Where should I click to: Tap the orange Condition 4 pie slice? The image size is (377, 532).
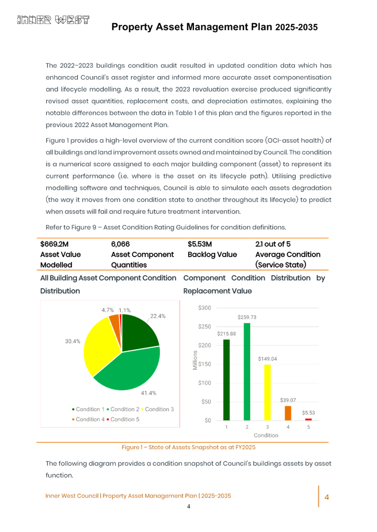[x=114, y=319]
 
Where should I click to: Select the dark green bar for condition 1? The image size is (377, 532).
[x=226, y=379]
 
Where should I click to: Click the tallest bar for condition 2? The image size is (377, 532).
[x=247, y=371]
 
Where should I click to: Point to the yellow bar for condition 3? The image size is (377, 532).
[x=268, y=392]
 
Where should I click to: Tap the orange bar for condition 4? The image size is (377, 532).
[x=288, y=413]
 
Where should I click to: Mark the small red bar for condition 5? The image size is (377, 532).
[x=308, y=419]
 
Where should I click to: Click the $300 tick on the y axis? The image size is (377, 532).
[x=205, y=307]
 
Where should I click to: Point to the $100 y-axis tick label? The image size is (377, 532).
[x=205, y=383]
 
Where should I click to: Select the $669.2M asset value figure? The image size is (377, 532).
[x=54, y=244]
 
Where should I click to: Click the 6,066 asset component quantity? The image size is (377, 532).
[x=120, y=244]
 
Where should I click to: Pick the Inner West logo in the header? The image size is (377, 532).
[x=53, y=20]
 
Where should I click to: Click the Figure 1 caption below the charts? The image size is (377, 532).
[x=188, y=447]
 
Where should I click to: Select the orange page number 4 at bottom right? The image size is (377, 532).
[x=327, y=497]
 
